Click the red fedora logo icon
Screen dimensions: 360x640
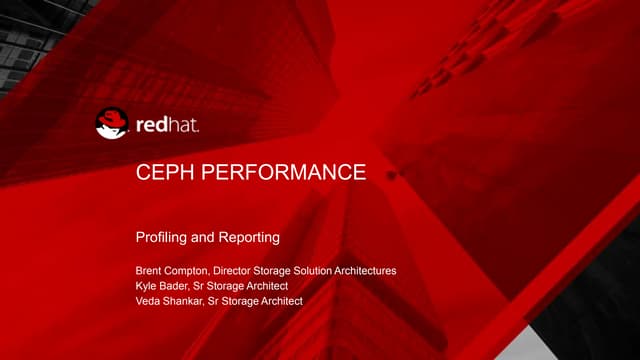[112, 124]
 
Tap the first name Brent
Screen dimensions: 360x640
[149, 271]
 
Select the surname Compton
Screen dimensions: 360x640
[190, 271]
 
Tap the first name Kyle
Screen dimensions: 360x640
[146, 286]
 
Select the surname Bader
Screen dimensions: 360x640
[177, 286]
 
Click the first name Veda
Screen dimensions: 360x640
[148, 301]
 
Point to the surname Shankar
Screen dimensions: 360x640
[187, 301]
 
